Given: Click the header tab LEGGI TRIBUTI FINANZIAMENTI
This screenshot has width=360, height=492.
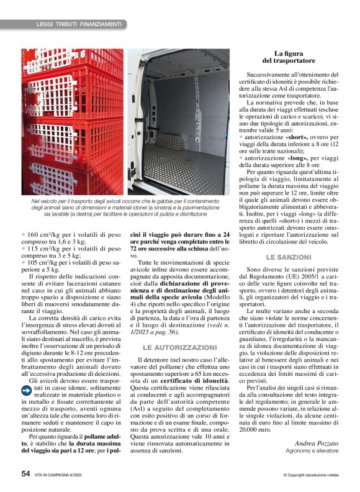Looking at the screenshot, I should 78,24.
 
